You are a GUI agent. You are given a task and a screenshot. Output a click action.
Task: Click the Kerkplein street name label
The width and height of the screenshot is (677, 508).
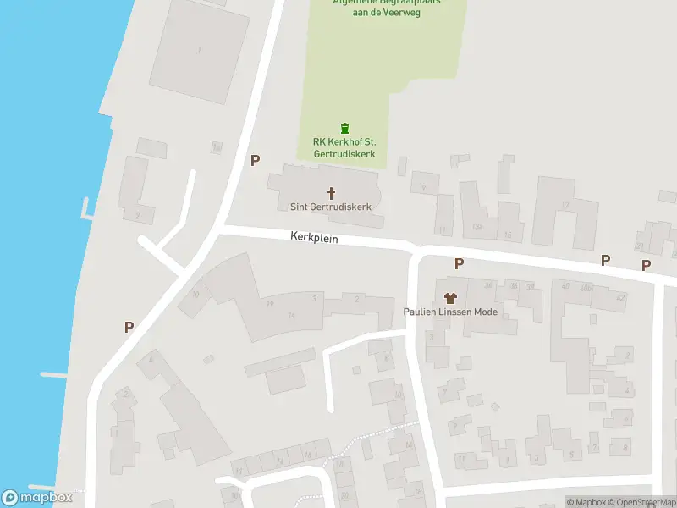(314, 239)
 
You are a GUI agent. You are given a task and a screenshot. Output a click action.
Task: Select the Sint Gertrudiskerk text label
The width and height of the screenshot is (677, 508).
(326, 207)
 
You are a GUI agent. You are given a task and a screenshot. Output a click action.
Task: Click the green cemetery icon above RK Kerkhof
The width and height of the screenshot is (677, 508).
(344, 128)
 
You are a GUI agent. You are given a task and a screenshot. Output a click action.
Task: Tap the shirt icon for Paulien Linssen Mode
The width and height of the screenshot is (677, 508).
(449, 297)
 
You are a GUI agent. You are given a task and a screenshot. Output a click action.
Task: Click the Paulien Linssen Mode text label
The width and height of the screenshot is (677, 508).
(449, 312)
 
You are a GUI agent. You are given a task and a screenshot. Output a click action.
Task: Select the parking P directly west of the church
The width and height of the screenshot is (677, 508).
(255, 159)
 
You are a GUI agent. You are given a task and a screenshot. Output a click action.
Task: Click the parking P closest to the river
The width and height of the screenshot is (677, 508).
(129, 326)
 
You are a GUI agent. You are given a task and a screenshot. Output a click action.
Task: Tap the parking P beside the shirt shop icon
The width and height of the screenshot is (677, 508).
(459, 263)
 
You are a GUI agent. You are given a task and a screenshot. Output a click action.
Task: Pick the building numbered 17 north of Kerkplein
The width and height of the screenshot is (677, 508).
(564, 205)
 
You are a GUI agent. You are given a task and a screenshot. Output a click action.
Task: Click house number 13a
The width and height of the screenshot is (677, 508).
(478, 226)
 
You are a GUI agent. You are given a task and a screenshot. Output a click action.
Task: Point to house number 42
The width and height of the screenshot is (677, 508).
(620, 297)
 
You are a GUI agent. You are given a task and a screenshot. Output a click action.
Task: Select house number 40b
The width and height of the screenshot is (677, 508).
(585, 286)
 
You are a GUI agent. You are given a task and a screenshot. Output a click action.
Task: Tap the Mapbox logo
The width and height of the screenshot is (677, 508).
(37, 498)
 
